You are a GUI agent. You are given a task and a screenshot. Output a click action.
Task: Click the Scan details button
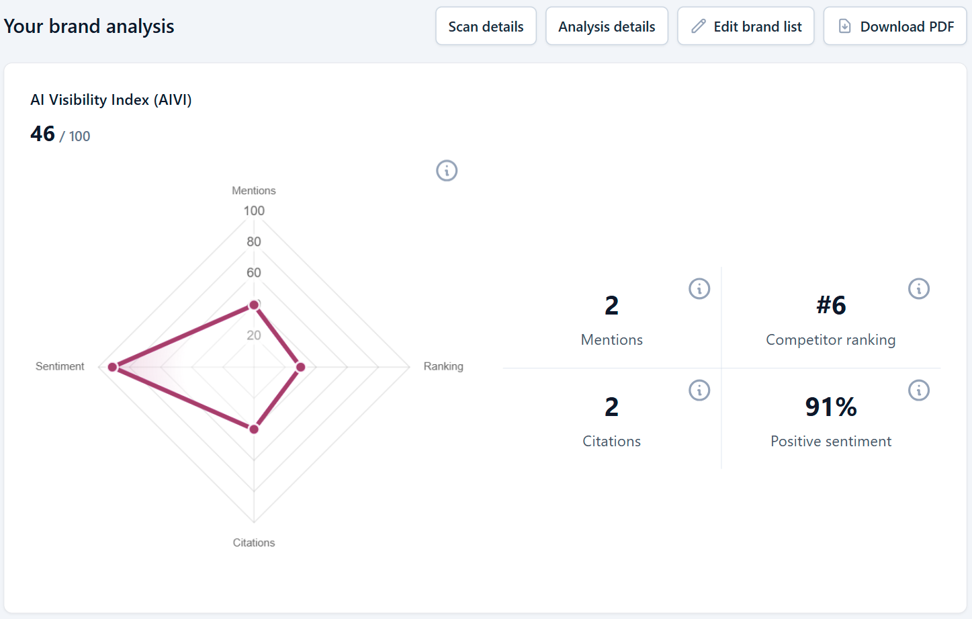tap(486, 26)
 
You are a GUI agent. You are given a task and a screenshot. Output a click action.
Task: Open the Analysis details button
tap(607, 26)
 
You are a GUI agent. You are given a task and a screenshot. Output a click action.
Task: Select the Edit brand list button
tap(746, 26)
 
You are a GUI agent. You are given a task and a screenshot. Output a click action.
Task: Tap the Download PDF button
tap(895, 26)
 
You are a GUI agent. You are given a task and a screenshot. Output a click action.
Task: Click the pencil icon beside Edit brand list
tap(699, 26)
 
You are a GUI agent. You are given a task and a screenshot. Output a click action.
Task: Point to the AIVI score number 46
tap(42, 134)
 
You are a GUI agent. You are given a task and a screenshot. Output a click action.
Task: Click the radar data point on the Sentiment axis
tap(112, 367)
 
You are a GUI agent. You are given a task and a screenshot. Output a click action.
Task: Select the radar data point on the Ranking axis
tap(300, 367)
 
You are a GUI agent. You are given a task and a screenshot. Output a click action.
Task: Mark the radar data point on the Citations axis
tap(254, 429)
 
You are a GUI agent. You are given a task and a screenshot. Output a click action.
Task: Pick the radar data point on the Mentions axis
tap(254, 305)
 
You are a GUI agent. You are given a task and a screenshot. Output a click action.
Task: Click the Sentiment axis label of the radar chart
tap(60, 366)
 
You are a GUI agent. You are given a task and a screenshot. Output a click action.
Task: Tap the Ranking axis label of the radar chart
tap(443, 366)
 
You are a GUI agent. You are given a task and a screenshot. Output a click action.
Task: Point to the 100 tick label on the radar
tap(254, 211)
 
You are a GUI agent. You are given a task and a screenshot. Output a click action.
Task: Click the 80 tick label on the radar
tap(254, 242)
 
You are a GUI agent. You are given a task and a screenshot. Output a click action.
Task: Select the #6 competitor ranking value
tap(831, 304)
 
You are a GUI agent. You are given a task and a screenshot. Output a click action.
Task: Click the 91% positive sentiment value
tap(831, 407)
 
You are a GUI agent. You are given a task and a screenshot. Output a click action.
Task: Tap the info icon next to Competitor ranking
tap(919, 288)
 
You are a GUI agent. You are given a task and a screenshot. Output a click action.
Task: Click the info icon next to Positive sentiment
tap(919, 390)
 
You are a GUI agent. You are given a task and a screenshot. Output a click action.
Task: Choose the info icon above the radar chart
tap(447, 171)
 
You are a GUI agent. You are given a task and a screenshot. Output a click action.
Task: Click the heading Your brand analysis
tap(89, 26)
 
